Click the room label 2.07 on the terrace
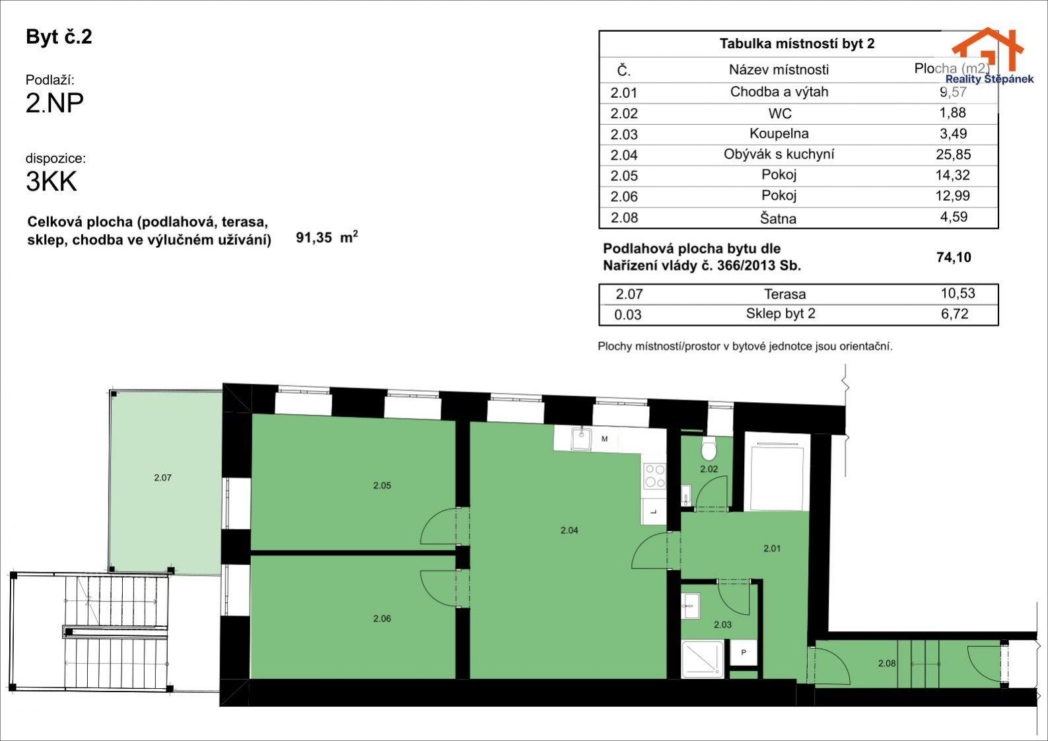[x=162, y=477]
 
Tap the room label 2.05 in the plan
[x=382, y=485]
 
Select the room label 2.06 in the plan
[x=382, y=618]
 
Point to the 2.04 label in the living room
[x=569, y=530]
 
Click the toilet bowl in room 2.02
[x=709, y=449]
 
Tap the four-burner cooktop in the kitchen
[x=654, y=476]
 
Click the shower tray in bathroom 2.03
[x=703, y=658]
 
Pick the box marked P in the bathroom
[x=744, y=652]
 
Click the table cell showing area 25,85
[x=953, y=155]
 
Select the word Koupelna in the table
[x=779, y=133]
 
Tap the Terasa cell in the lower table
[x=785, y=295]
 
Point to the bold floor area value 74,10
[x=954, y=257]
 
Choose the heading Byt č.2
[x=59, y=36]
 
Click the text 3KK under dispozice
[x=52, y=182]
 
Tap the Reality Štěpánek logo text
[x=989, y=79]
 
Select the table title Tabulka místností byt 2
[x=797, y=44]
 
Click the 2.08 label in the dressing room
[x=887, y=663]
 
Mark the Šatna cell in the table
[x=778, y=217]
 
